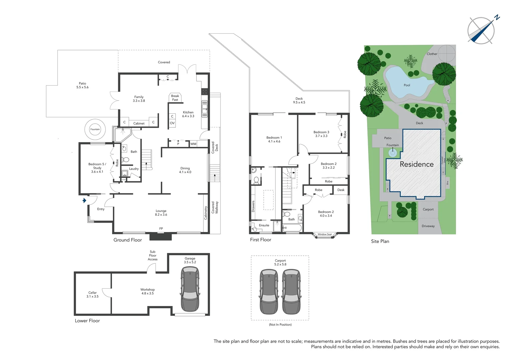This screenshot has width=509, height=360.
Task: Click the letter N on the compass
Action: point(497,18)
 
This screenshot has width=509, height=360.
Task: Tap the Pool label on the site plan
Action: point(407,85)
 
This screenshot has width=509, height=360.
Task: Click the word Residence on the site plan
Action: point(416,164)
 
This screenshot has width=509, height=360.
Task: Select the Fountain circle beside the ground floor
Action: point(95,129)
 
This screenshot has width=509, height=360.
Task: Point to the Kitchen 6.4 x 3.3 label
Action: point(188,114)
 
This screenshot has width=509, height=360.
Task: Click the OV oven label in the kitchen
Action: point(172,123)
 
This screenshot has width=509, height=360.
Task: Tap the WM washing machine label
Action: point(193,144)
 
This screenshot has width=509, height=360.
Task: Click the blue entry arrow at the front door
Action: point(85,200)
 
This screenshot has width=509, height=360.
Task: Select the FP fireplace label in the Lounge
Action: point(161,229)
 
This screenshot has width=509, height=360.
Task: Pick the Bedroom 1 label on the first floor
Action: point(274,139)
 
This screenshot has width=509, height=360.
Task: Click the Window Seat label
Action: point(324,234)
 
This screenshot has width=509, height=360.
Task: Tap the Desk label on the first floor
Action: point(341,190)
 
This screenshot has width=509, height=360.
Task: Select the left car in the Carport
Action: point(268,292)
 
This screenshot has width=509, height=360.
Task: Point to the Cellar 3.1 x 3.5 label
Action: point(93,294)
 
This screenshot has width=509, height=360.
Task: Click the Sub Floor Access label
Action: point(153,255)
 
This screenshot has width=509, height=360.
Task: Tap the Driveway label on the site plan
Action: point(428,226)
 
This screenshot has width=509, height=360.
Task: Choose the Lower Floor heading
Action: point(87,321)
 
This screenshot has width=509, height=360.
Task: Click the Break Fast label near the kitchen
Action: point(175,98)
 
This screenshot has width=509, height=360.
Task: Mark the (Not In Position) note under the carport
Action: point(280,325)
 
